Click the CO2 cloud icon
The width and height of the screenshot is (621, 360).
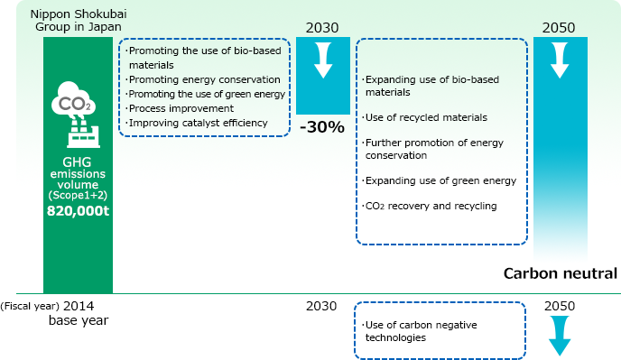[78, 100]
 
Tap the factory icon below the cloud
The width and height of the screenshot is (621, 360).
[78, 134]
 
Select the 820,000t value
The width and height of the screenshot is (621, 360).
[78, 214]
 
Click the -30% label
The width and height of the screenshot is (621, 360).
[322, 127]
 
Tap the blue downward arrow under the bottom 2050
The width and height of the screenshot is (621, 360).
[560, 339]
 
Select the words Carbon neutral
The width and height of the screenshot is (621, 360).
[560, 273]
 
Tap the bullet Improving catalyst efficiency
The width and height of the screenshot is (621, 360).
[199, 123]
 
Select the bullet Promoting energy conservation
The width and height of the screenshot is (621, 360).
[204, 79]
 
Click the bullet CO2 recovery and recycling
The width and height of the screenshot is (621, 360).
[430, 207]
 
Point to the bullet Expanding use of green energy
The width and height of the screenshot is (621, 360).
[440, 180]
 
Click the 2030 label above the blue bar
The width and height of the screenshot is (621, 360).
[322, 27]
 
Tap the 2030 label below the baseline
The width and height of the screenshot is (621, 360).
[322, 306]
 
